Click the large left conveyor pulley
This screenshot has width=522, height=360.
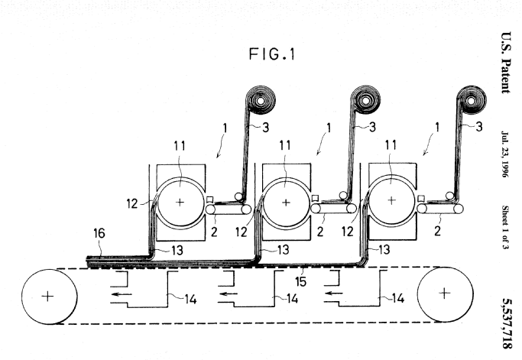(x=47, y=297)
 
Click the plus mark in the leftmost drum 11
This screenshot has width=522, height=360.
(x=180, y=203)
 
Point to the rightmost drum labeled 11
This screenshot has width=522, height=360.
(x=391, y=203)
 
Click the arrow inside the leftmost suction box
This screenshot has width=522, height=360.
(x=118, y=291)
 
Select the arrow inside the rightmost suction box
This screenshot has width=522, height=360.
(x=330, y=291)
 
